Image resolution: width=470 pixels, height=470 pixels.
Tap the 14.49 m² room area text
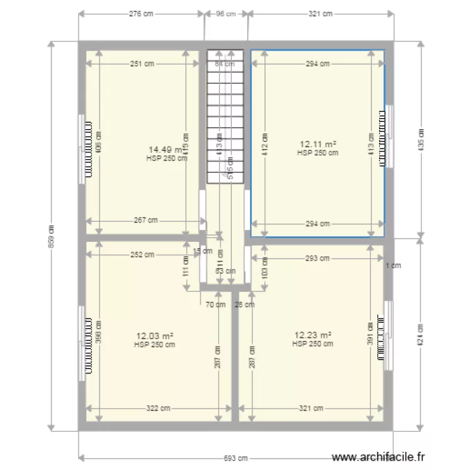[x=165, y=150]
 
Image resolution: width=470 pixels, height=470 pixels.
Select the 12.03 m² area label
[x=154, y=336]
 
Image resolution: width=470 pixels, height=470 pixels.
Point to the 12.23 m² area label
[x=312, y=335]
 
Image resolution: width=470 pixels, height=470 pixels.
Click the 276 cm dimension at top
[x=142, y=13]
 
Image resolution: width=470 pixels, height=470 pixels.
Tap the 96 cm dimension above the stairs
[x=226, y=13]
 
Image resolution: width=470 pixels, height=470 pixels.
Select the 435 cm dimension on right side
[x=421, y=139]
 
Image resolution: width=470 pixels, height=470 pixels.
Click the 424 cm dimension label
[x=421, y=335]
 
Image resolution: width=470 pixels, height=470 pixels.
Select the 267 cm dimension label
[x=145, y=220]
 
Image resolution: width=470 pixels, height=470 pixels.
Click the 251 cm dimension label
[x=142, y=63]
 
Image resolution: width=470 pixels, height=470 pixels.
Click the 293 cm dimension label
[x=318, y=258]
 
